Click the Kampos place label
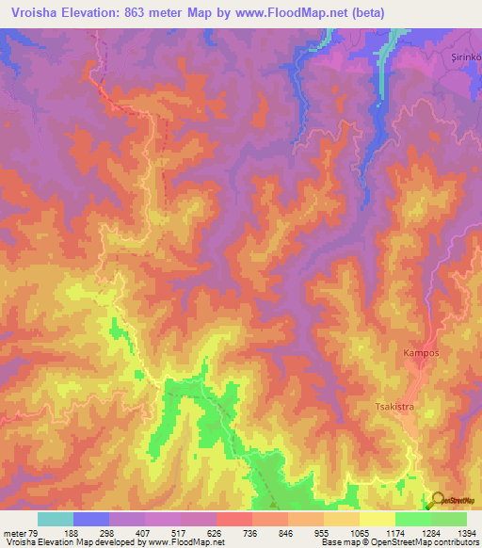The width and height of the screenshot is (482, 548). click(x=421, y=353)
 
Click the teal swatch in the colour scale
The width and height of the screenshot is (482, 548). click(x=56, y=519)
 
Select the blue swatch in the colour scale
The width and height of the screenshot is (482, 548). click(x=91, y=519)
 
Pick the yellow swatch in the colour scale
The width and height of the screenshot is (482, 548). click(x=377, y=519)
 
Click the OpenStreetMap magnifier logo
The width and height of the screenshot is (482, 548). click(x=439, y=501)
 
